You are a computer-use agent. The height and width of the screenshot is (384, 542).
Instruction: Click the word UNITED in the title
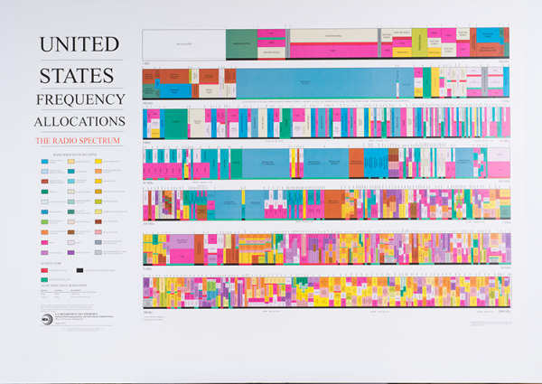pos(79,44)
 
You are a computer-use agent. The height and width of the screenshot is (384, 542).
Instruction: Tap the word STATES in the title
pos(79,73)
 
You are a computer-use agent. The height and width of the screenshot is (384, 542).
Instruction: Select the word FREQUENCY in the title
pos(79,98)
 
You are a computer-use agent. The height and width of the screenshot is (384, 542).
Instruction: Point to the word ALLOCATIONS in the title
pos(79,121)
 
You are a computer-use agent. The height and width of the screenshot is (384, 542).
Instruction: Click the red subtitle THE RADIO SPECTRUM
pos(79,142)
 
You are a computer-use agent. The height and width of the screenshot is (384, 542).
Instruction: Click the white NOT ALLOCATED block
pos(184,43)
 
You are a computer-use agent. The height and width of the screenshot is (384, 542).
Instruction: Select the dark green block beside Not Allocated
pos(241,43)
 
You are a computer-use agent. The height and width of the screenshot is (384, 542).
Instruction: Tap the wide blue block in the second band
pos(315,82)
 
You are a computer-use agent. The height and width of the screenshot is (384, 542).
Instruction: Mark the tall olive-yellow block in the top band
pos(418,41)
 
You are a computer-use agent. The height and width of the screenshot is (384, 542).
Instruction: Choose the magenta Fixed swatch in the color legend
pos(45,231)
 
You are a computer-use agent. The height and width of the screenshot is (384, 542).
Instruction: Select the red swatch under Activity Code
pos(44,270)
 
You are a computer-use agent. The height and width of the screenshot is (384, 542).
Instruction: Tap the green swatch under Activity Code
pos(44,279)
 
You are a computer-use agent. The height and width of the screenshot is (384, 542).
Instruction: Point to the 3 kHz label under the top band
pos(146,62)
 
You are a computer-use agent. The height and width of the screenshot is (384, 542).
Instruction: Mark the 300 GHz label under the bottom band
pos(503,309)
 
